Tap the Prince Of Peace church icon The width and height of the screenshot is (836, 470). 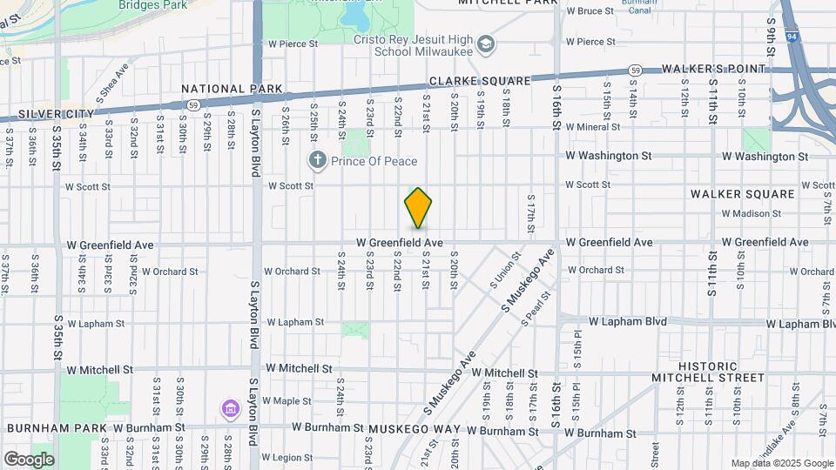point(319,160)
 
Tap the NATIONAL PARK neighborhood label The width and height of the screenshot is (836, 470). point(232,89)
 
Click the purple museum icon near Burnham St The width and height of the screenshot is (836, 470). point(229,408)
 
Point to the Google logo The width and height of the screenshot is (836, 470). point(29,460)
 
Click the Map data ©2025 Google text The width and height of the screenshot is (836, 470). point(781,463)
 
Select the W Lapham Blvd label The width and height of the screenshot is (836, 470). point(627,321)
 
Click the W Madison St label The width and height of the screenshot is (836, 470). point(752,213)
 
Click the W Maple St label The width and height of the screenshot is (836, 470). point(287,401)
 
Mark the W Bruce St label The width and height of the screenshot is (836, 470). point(590,11)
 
